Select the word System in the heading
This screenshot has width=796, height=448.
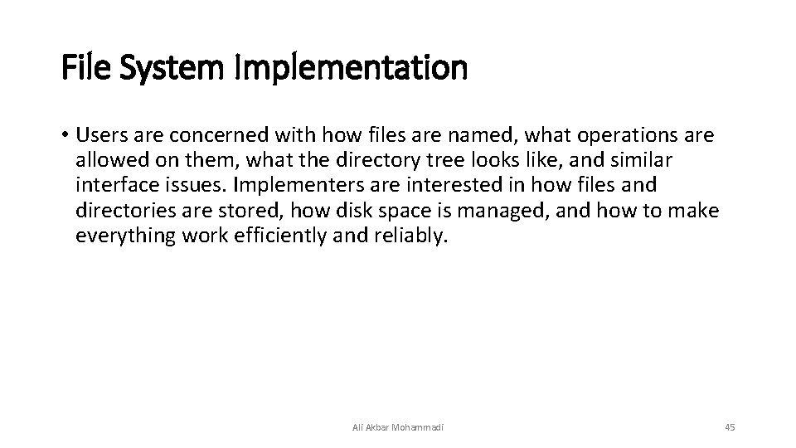click(170, 68)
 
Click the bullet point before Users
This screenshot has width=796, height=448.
click(65, 135)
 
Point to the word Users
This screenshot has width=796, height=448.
click(100, 135)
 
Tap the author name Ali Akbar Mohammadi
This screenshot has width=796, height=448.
click(398, 427)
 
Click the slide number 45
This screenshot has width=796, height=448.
click(730, 427)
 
